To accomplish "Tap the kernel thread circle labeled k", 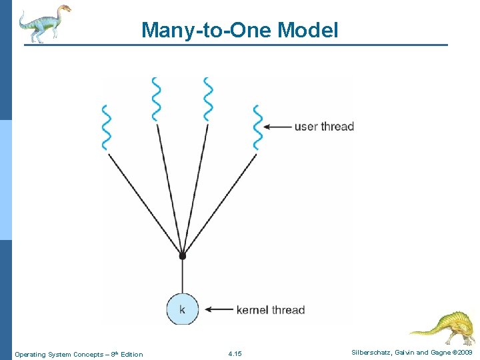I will pyautogui.click(x=182, y=309).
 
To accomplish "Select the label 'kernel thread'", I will pyautogui.click(x=270, y=310).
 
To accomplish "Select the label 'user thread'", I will pyautogui.click(x=324, y=127).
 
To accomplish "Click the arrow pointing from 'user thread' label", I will pyautogui.click(x=277, y=127).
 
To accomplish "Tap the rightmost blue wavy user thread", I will pyautogui.click(x=257, y=127).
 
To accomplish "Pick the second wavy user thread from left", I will pyautogui.click(x=157, y=99).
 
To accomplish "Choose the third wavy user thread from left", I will pyautogui.click(x=208, y=99).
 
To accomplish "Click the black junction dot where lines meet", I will pyautogui.click(x=182, y=255).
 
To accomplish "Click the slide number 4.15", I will pyautogui.click(x=235, y=354).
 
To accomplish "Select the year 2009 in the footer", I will pyautogui.click(x=465, y=351).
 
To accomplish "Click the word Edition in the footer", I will pyautogui.click(x=131, y=354).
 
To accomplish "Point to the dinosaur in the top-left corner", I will pyautogui.click(x=44, y=23).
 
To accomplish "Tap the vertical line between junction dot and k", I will pyautogui.click(x=182, y=276).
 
